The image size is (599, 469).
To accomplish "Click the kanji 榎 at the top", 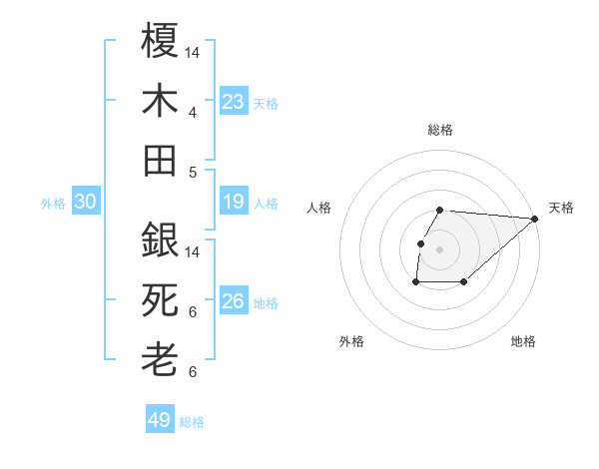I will click(160, 43).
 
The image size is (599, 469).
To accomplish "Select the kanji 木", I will click(160, 102).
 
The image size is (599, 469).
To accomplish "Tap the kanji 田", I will click(160, 160).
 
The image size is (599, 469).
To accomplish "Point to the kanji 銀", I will click(160, 240).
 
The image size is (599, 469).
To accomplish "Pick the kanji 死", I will click(160, 299).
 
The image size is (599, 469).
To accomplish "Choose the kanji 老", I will click(160, 359).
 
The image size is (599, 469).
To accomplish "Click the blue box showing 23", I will click(233, 102).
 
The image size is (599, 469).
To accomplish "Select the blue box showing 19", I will click(233, 203).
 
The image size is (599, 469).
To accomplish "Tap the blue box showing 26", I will click(233, 301).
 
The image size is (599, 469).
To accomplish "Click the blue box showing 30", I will click(86, 203).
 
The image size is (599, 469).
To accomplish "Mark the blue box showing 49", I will click(160, 420).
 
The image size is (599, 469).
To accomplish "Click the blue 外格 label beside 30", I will click(53, 204).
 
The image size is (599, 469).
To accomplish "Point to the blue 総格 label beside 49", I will click(192, 421).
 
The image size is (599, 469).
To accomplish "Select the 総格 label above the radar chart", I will click(440, 130).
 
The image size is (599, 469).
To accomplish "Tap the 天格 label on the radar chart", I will click(561, 208).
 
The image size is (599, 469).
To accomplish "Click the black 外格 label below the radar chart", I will click(351, 341).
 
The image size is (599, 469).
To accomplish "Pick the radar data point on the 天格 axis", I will click(534, 219).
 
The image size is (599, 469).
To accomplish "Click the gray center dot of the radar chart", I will click(440, 248).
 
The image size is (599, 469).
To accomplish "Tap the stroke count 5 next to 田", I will click(192, 172).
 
